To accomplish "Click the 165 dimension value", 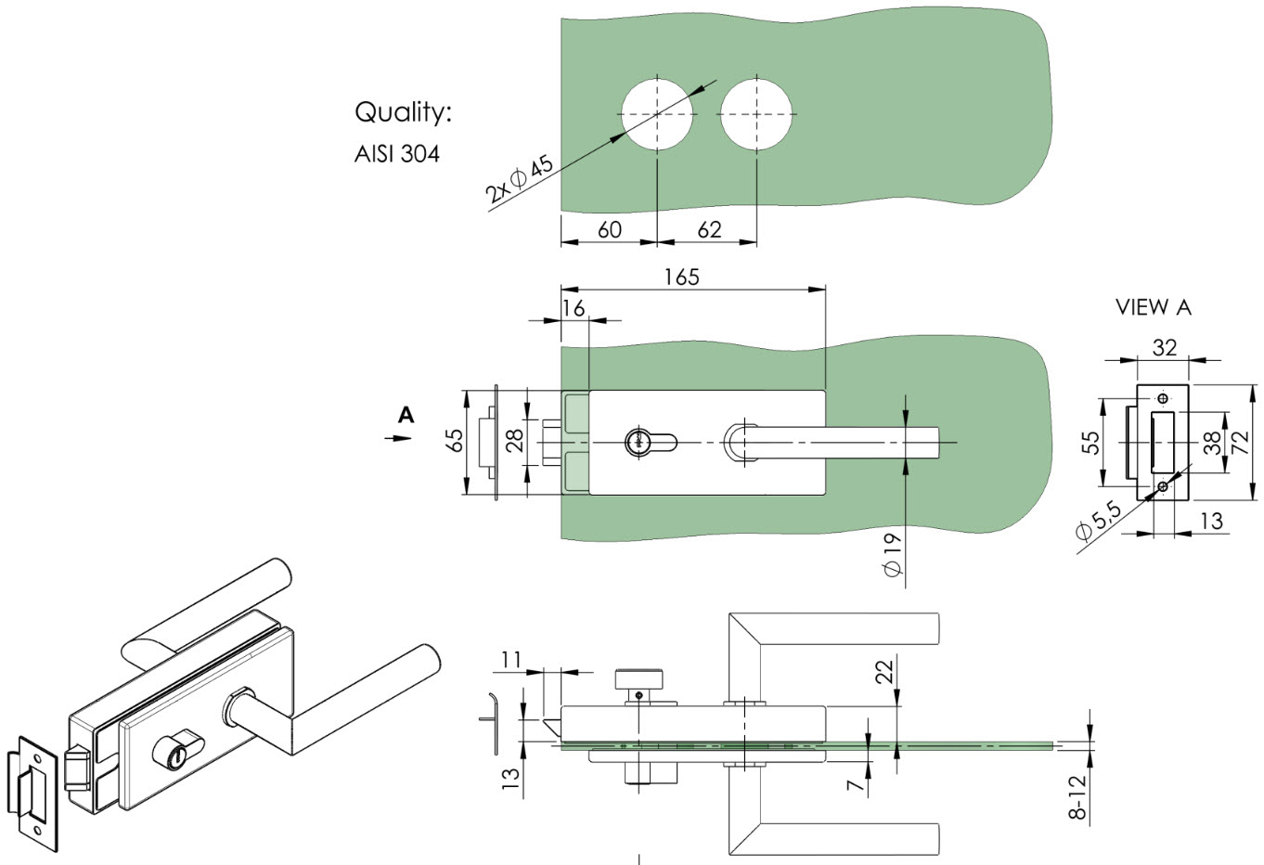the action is click(x=682, y=278).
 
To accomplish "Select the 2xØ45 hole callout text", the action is click(x=519, y=179).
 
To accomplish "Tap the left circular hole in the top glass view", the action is click(x=657, y=114).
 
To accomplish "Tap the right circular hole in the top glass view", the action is click(x=756, y=114).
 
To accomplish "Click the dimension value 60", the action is click(x=610, y=229).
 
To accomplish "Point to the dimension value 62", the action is click(x=709, y=229).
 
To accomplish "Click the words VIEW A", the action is click(x=1153, y=307).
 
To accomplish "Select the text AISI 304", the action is click(x=396, y=154).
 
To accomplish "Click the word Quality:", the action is click(x=404, y=113).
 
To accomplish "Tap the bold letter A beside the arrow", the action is click(x=406, y=415).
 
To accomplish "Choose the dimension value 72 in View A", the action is click(x=1241, y=442).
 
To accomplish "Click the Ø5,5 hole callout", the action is click(x=1098, y=521).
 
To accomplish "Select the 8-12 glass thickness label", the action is click(x=1077, y=797).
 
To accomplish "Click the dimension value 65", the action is click(x=455, y=441).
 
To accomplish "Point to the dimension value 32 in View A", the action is click(x=1165, y=348).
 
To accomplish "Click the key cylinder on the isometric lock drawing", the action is click(x=174, y=749).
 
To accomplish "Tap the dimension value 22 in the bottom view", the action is click(x=884, y=672).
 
